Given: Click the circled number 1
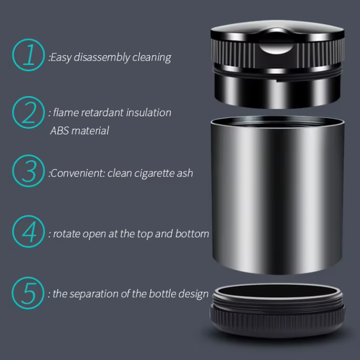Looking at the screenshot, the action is pyautogui.click(x=28, y=55).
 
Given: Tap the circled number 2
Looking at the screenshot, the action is pyautogui.click(x=28, y=112).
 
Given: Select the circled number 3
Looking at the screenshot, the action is pyautogui.click(x=28, y=171).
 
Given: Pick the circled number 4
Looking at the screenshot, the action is pyautogui.click(x=28, y=231).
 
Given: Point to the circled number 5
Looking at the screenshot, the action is pyautogui.click(x=28, y=293).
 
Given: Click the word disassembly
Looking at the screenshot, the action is pyautogui.click(x=101, y=57).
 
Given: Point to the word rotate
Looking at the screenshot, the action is pyautogui.click(x=67, y=234).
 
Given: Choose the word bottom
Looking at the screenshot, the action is pyautogui.click(x=192, y=233).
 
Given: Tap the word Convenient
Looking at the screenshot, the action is pyautogui.click(x=77, y=173).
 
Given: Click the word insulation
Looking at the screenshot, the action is pyautogui.click(x=148, y=112).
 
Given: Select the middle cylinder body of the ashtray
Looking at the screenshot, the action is pyautogui.click(x=277, y=195).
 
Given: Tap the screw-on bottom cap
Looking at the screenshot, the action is pyautogui.click(x=277, y=310).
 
